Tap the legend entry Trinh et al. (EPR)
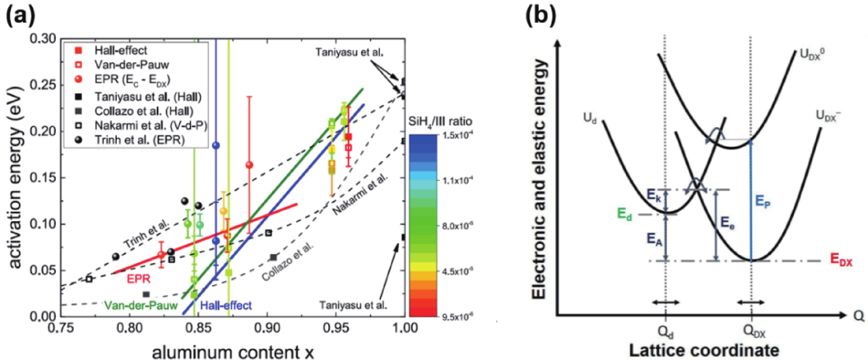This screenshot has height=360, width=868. [139, 140]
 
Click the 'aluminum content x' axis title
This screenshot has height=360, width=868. [233, 353]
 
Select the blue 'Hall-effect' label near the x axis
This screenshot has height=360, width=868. [226, 305]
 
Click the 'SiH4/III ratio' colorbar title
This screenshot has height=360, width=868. [440, 121]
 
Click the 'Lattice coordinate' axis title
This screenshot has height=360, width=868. [704, 350]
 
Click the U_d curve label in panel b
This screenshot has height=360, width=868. [590, 118]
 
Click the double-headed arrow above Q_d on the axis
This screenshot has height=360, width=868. [666, 302]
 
